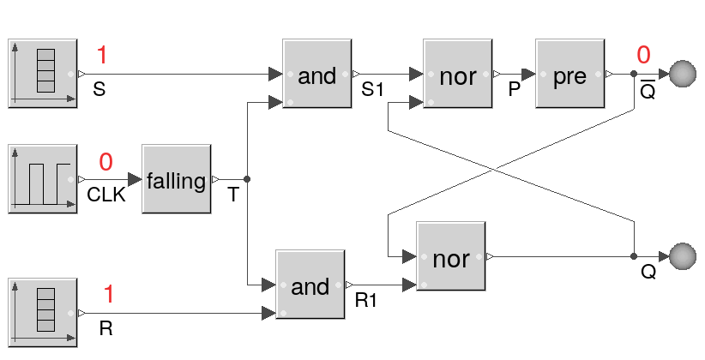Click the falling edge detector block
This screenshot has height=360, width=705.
click(177, 181)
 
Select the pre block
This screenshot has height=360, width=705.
click(569, 75)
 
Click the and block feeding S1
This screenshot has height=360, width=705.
click(316, 75)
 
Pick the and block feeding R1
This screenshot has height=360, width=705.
click(310, 286)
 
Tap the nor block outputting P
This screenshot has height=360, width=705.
click(458, 75)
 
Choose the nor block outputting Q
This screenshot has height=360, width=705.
click(451, 257)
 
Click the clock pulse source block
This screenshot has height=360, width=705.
click(43, 179)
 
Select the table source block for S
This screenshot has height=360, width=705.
click(43, 73)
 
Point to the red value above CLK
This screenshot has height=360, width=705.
click(105, 162)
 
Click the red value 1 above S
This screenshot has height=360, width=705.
click(102, 57)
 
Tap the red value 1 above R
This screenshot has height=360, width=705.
click(109, 295)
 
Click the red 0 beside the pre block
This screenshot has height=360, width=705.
click(643, 57)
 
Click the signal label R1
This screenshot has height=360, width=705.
click(366, 301)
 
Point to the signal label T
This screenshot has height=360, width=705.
click(232, 195)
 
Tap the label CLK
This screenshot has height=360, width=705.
click(106, 195)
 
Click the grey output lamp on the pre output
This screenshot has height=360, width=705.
click(683, 75)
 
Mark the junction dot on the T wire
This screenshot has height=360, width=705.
click(247, 180)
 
